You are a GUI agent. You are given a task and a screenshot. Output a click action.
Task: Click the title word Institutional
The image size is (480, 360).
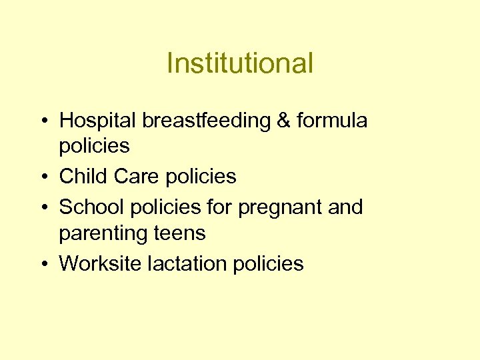pyautogui.click(x=239, y=64)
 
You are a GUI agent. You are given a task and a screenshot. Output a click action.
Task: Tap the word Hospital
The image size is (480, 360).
pyautogui.click(x=97, y=121)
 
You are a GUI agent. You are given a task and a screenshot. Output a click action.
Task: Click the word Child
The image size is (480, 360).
pyautogui.click(x=83, y=177)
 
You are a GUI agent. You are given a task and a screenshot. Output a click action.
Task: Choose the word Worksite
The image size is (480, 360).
pyautogui.click(x=100, y=264)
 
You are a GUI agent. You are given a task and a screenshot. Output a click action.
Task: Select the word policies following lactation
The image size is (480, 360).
pyautogui.click(x=269, y=264)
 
